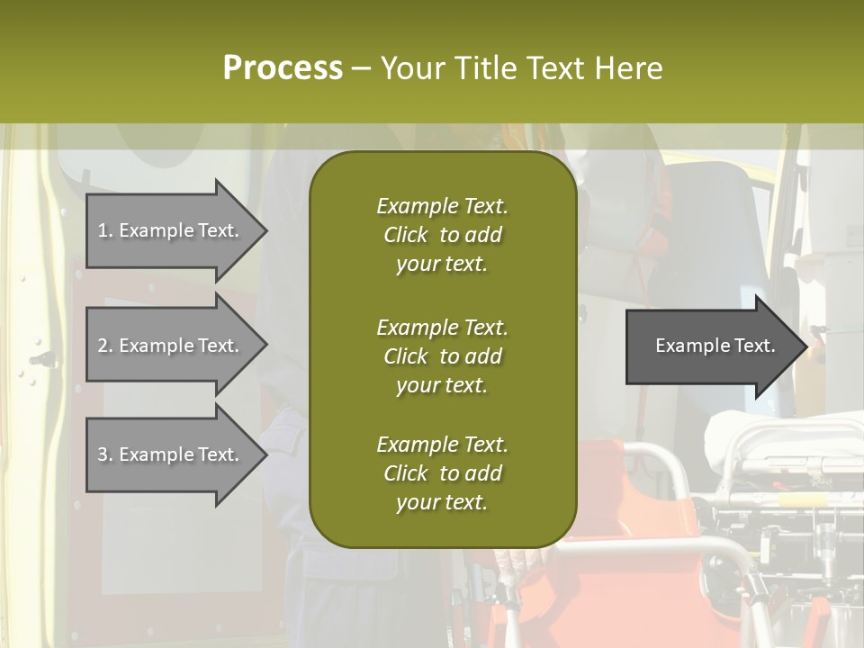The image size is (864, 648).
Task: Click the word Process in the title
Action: tap(283, 68)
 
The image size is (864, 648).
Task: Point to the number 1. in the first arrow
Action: tap(105, 230)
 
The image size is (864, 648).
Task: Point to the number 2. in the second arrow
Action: tap(105, 346)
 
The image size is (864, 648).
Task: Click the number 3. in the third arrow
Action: tap(105, 454)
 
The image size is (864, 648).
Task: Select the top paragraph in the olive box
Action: tap(442, 235)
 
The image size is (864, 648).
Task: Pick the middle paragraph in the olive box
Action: tap(442, 356)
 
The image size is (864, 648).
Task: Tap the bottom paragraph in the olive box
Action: tap(442, 473)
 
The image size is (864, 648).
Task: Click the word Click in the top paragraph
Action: tap(406, 235)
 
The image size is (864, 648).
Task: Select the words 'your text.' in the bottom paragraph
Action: tap(442, 502)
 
